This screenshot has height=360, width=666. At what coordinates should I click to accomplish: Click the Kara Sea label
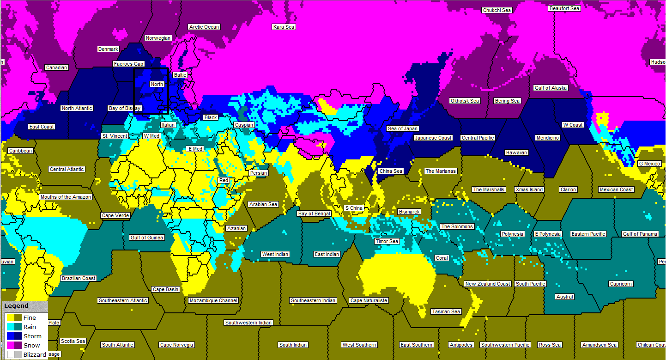tap(284, 27)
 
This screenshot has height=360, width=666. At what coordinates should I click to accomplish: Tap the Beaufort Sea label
tap(564, 8)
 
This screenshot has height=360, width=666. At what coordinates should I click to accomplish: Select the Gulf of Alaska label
tap(551, 88)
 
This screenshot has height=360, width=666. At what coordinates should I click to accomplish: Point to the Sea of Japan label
tap(403, 128)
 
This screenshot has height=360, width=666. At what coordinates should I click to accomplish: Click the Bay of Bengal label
tap(314, 214)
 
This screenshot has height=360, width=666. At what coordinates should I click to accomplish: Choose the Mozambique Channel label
tap(213, 300)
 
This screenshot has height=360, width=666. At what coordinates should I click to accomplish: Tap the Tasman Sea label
tap(446, 311)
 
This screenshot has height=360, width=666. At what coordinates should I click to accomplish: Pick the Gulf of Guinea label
tap(147, 238)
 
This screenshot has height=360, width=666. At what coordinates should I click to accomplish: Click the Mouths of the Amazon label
tap(66, 197)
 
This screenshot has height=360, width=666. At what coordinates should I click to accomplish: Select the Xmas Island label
tap(529, 189)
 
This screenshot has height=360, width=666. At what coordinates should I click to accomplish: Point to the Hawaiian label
tap(516, 153)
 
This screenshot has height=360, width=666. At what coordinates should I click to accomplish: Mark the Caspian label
tap(244, 125)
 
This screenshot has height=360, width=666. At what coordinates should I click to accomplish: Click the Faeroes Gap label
tap(128, 64)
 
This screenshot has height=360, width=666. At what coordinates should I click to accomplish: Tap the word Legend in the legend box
tap(16, 306)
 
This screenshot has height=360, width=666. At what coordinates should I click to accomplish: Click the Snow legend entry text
tap(31, 345)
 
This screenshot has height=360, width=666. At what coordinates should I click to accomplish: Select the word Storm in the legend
tap(32, 336)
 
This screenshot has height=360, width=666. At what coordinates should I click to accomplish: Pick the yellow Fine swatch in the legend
tap(10, 317)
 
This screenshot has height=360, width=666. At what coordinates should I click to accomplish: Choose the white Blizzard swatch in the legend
tap(10, 354)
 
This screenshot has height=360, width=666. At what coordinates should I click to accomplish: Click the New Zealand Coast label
tap(488, 284)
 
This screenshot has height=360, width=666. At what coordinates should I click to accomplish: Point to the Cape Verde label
tap(115, 215)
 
